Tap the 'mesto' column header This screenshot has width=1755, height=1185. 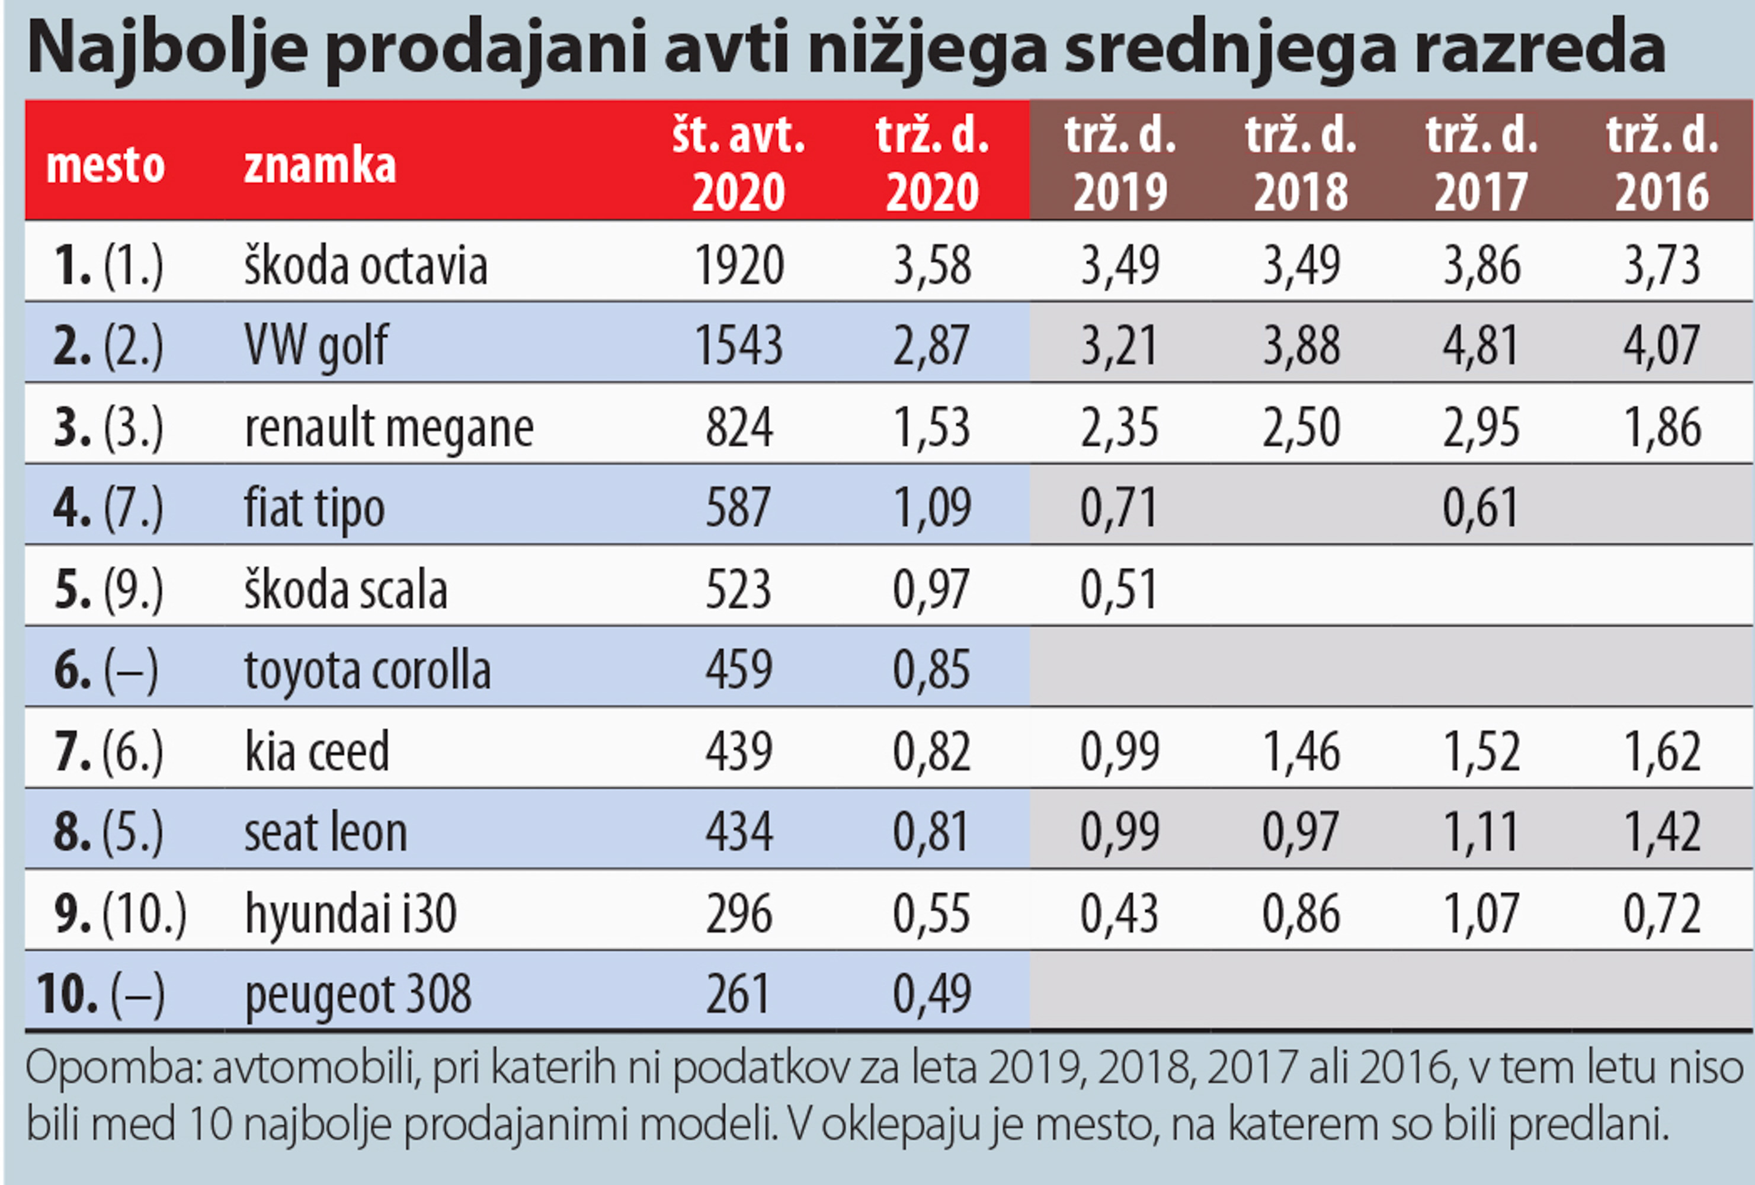tap(105, 165)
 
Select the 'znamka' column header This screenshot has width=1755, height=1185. tap(319, 165)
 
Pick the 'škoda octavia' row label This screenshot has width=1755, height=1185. tap(366, 266)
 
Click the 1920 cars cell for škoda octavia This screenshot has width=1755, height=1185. tap(738, 266)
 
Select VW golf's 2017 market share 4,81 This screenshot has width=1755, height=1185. tap(1481, 346)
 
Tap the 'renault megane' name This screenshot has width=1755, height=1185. tap(389, 427)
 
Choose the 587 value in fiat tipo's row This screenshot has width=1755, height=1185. tap(738, 508)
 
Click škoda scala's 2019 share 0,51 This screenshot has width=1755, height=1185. tap(1119, 589)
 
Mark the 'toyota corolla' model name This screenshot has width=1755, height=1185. tap(368, 670)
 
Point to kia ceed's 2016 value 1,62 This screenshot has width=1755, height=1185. tap(1662, 751)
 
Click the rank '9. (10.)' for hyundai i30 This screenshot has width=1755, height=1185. tap(119, 914)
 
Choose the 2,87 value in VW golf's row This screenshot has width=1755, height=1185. tap(932, 346)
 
